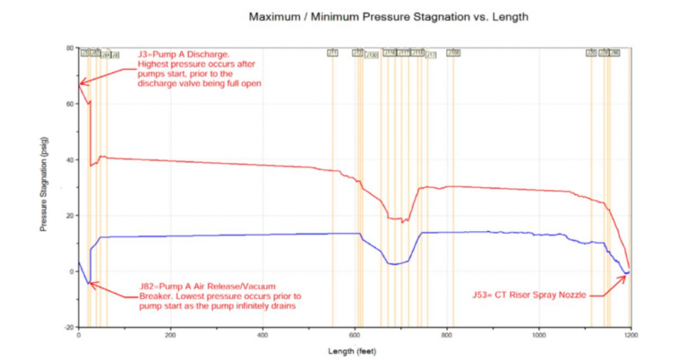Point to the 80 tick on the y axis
[70, 48]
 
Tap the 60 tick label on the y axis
[70, 104]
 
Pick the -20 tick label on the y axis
[69, 327]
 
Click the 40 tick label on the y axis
[70, 159]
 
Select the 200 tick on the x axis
[170, 336]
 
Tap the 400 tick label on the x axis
[262, 336]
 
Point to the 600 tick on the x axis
[355, 336]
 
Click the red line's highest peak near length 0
[79, 82]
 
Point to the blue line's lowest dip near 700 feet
[392, 264]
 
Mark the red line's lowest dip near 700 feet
[403, 221]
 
